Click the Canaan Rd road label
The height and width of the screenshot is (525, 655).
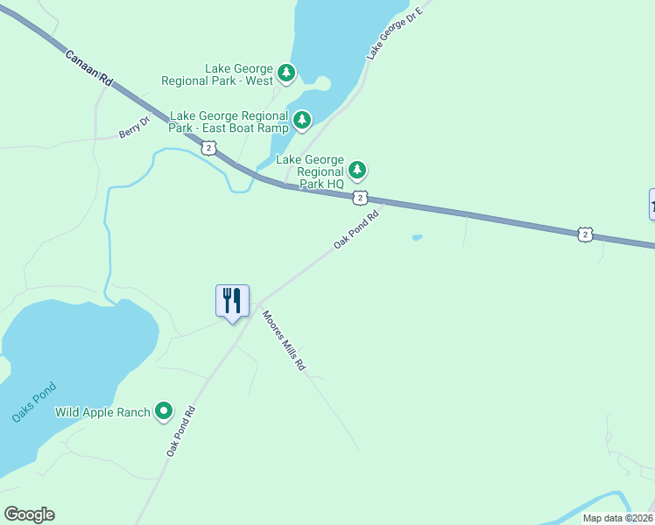(x=89, y=66)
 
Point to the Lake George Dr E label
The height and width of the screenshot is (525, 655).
(x=394, y=33)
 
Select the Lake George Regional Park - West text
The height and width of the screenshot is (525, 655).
(x=215, y=74)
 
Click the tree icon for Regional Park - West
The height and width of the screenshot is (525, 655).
(x=286, y=73)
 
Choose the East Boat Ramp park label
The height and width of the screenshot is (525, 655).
(x=229, y=122)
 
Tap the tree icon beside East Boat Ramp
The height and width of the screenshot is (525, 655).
(x=302, y=119)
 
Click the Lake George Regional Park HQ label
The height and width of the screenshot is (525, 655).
(x=310, y=171)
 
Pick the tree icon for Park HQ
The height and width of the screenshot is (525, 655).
(x=356, y=169)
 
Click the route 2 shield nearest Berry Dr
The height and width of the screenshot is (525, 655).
(x=208, y=148)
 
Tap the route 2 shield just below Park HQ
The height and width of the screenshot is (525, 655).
(x=360, y=198)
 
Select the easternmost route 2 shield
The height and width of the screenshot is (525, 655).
(x=585, y=234)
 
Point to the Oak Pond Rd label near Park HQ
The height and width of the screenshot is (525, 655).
(x=356, y=229)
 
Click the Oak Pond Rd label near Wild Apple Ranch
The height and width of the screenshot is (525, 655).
(x=180, y=430)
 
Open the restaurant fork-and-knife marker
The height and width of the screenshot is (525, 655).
(x=232, y=301)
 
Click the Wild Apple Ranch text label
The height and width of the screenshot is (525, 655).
(x=102, y=411)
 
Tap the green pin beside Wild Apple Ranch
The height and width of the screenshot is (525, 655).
(x=164, y=410)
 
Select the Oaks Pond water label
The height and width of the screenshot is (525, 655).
(x=34, y=402)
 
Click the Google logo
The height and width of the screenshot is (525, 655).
(x=29, y=514)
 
